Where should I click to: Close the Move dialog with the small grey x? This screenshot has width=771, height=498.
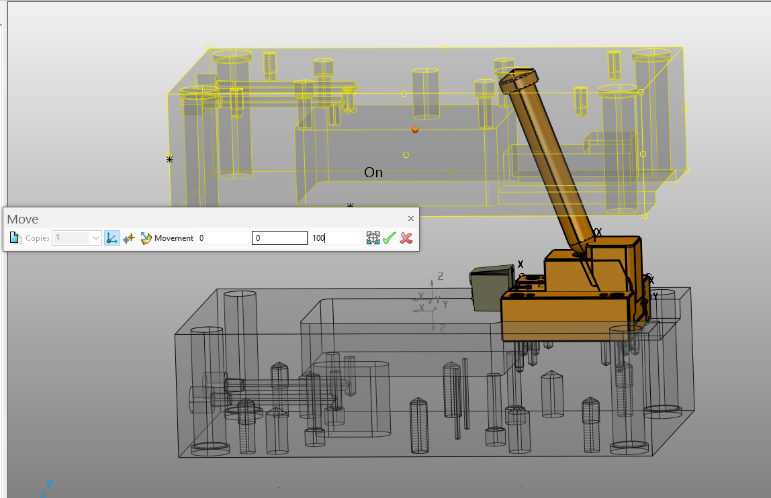point(411,219)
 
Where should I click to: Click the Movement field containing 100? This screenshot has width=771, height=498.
point(336,238)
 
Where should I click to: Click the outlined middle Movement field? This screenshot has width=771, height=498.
point(279,238)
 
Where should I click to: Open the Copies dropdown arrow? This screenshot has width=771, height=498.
point(95,238)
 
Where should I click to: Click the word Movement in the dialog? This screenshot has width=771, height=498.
point(174,238)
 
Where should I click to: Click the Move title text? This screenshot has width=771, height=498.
point(23,219)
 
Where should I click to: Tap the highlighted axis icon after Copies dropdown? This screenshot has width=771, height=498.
point(112,238)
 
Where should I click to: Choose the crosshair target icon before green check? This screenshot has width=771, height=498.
point(373,238)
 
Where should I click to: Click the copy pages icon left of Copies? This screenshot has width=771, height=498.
point(16,238)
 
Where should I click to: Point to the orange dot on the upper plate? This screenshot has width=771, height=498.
point(415,130)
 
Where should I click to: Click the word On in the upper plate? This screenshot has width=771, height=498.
point(373,172)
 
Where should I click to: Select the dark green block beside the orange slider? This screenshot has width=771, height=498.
point(486,289)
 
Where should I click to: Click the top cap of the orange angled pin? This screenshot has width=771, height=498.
point(518,79)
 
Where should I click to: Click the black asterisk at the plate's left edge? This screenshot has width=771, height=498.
point(169,159)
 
